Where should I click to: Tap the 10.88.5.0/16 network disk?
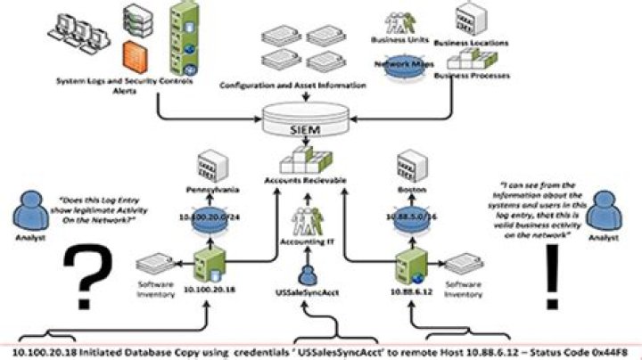pyautogui.click(x=414, y=217)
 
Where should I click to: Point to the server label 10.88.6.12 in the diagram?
pyautogui.click(x=413, y=290)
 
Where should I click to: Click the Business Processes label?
pyautogui.click(x=472, y=76)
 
